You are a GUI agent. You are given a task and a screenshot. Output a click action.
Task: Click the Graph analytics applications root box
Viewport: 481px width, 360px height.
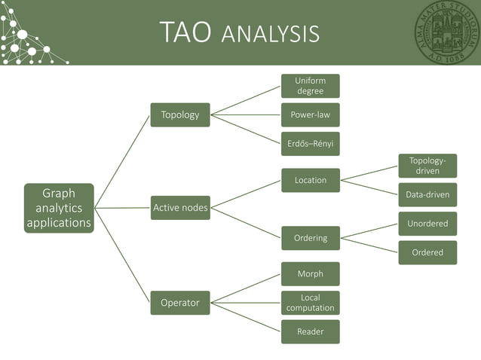(59, 208)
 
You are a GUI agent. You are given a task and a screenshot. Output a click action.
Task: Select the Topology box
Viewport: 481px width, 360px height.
(180, 114)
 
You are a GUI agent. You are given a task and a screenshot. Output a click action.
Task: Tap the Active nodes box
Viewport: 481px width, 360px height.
(180, 207)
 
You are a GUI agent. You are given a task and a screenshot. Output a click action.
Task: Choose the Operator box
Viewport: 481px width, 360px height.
(180, 303)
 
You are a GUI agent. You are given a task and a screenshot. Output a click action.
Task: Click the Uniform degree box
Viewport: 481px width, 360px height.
(310, 86)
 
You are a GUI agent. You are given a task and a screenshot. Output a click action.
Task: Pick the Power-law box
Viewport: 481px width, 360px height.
(310, 115)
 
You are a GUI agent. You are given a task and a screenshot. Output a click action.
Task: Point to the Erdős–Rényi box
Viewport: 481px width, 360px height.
(310, 144)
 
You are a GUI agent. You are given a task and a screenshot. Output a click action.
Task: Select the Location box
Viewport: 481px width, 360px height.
(310, 180)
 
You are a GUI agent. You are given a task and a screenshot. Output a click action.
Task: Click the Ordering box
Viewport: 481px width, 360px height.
(310, 238)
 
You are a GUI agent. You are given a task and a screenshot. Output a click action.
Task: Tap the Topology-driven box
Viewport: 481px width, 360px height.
(427, 166)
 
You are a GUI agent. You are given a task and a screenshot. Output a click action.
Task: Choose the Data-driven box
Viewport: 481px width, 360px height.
(427, 194)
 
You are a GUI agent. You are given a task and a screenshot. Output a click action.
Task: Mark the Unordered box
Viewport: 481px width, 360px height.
(427, 224)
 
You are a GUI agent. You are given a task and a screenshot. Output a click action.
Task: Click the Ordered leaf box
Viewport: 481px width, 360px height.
(427, 252)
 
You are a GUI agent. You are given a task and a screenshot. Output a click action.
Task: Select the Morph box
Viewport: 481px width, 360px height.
(310, 273)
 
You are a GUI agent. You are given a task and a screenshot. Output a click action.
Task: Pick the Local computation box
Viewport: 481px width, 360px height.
(310, 303)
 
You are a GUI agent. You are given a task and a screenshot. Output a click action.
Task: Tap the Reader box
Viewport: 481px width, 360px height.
(310, 331)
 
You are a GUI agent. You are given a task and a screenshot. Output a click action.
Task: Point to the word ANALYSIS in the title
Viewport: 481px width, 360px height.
(271, 35)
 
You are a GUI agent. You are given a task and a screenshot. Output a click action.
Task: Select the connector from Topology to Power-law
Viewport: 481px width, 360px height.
(245, 115)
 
